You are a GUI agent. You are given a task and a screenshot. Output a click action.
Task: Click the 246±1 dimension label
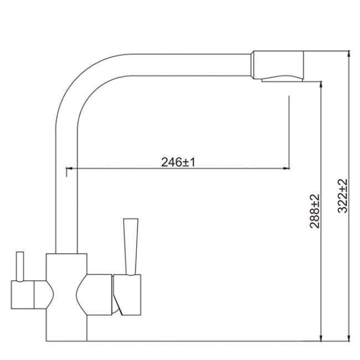178,162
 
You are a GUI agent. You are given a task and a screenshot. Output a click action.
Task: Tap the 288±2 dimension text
315,211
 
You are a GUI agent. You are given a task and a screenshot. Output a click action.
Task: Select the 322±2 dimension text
342,196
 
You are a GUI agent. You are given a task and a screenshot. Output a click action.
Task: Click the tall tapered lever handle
131,246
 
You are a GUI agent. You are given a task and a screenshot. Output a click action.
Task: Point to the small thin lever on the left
20,266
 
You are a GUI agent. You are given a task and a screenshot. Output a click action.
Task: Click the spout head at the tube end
277,65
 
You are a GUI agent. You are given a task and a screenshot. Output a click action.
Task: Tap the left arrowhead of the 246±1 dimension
69,168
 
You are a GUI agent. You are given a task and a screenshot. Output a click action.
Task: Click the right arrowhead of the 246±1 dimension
286,168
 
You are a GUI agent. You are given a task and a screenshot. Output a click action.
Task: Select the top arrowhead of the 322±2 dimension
349,54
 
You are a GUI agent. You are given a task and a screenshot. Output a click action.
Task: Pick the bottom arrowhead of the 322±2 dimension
349,338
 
